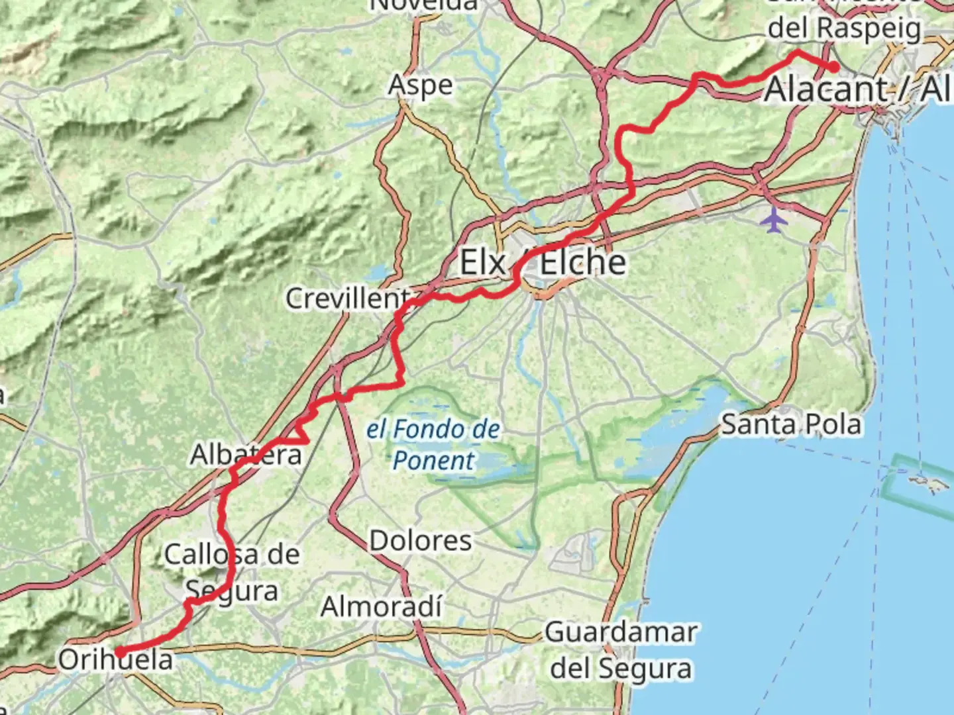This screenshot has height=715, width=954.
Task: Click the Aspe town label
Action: [x=421, y=85]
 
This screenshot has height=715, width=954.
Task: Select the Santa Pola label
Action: [x=791, y=424]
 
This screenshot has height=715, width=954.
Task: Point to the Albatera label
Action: [x=246, y=455]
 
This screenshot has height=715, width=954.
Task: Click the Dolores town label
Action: [x=421, y=541]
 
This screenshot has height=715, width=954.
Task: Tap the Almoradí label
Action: [x=382, y=606]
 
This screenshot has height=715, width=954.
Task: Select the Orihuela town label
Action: [x=116, y=659]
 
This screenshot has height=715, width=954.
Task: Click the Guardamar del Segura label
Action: [x=621, y=650]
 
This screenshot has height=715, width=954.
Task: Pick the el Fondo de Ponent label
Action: [x=434, y=444]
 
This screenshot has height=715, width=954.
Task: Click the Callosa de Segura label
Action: [x=232, y=572]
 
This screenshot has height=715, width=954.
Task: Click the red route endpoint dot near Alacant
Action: [x=833, y=67]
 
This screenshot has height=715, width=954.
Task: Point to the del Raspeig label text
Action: [x=844, y=28]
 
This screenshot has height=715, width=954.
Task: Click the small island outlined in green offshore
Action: [x=925, y=483]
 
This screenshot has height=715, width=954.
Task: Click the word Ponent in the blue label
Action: [x=434, y=460]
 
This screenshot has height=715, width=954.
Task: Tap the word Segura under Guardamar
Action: [x=621, y=668]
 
